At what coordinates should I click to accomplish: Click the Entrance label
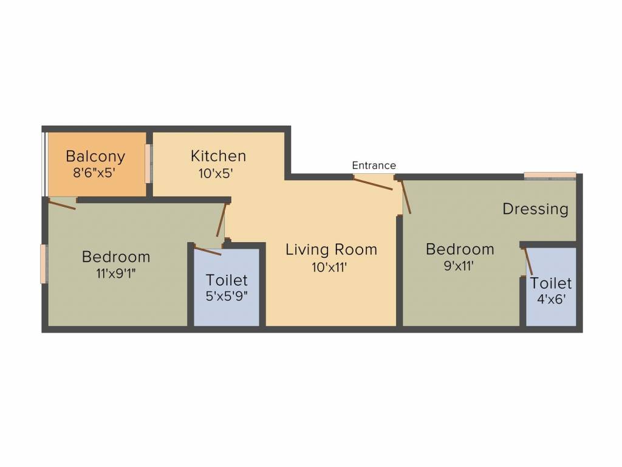(374, 165)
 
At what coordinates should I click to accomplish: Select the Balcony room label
(95, 156)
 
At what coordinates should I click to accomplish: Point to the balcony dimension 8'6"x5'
(94, 173)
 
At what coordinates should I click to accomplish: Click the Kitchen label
(218, 156)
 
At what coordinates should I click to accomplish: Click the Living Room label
(331, 249)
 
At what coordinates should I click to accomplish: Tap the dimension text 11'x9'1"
(115, 273)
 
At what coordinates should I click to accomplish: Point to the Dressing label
(535, 209)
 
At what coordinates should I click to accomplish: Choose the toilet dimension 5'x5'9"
(227, 297)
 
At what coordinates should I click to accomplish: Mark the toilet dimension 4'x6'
(550, 300)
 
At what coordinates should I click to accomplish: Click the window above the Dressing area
(550, 176)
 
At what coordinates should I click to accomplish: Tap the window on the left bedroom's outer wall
(43, 263)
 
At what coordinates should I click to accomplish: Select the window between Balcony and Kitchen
(148, 164)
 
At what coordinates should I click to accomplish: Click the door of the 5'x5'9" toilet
(208, 251)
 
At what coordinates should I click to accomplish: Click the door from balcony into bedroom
(62, 205)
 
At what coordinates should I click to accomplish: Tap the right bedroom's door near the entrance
(406, 196)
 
